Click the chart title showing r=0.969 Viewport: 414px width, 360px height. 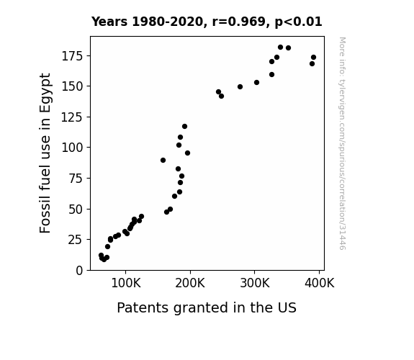click(207, 22)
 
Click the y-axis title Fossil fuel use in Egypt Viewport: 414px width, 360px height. click(45, 153)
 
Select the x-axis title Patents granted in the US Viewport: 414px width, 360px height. click(207, 307)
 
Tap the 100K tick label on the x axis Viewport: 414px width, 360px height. click(126, 283)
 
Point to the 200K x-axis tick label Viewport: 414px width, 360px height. click(190, 283)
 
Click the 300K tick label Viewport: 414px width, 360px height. click(255, 283)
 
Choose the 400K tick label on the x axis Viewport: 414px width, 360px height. click(320, 283)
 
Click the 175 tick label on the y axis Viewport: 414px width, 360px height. click(72, 56)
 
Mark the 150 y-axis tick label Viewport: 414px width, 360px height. click(72, 86)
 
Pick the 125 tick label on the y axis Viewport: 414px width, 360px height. click(72, 117)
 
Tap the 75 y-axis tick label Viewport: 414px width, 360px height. click(76, 179)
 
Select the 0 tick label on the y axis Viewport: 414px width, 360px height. click(79, 271)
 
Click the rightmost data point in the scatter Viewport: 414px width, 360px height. click(313, 58)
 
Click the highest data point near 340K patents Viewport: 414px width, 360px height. click(280, 48)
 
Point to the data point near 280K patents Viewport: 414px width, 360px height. click(240, 86)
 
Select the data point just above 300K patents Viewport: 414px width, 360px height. click(256, 82)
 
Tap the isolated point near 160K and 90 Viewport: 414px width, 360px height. click(163, 160)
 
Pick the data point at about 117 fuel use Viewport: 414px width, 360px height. click(184, 126)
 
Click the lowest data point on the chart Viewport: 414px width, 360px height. click(104, 259)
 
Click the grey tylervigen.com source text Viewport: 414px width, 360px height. click(342, 143)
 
